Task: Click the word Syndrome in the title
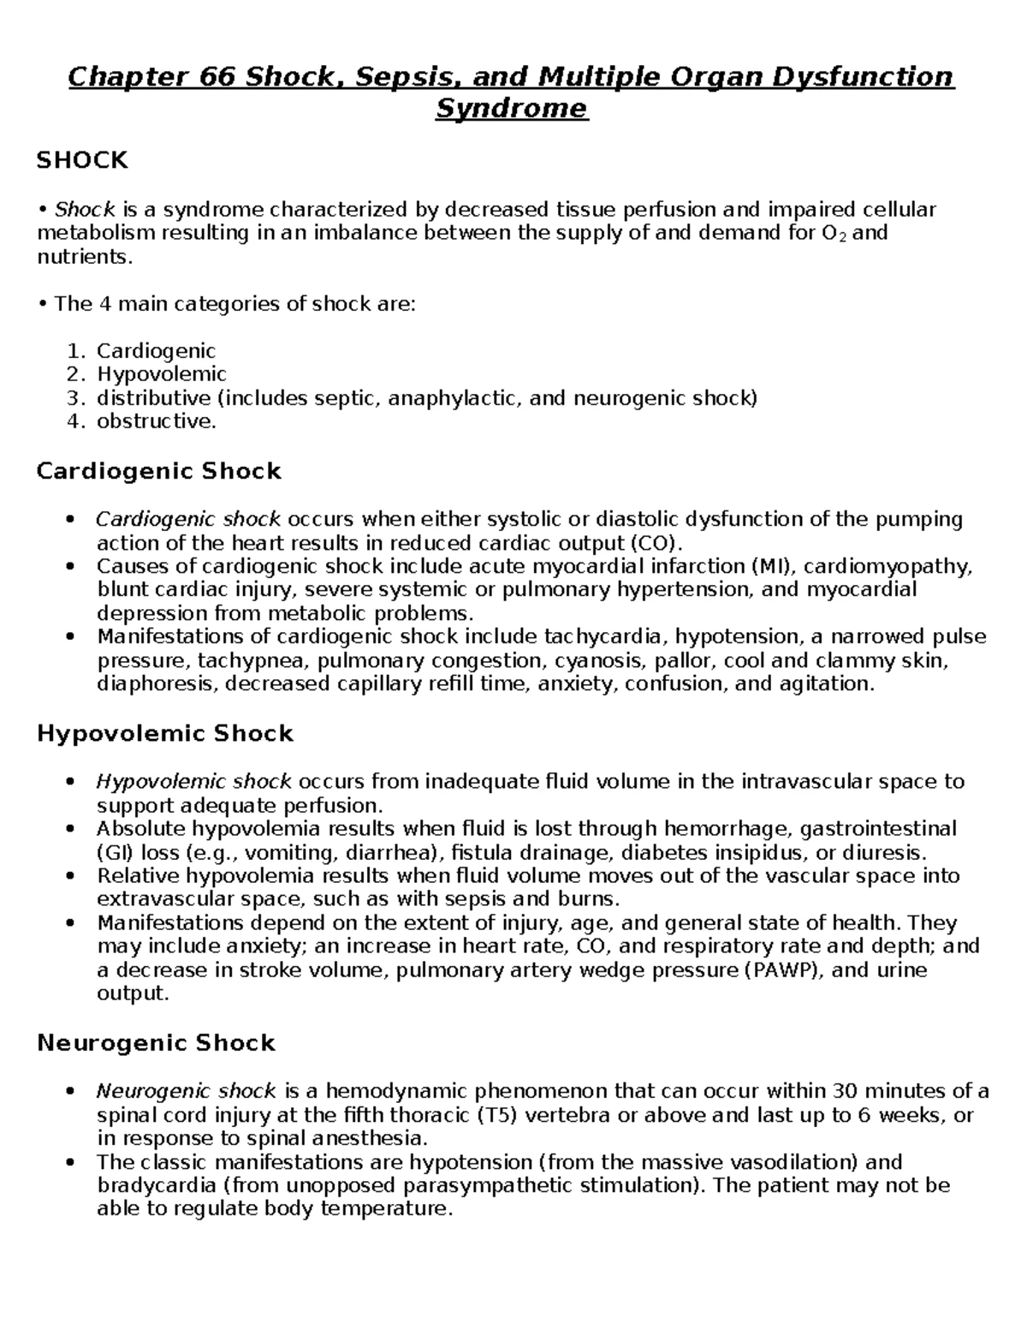[512, 109]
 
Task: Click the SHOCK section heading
[82, 160]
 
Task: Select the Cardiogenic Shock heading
[159, 471]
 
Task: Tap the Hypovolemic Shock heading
[165, 733]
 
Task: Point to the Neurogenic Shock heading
[156, 1043]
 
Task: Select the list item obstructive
[156, 421]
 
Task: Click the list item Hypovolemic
[161, 374]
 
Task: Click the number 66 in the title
[218, 77]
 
